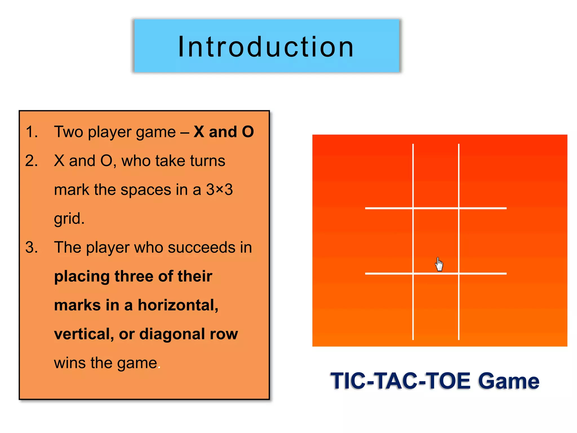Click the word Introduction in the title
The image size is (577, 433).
(266, 47)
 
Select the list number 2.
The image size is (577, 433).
(32, 161)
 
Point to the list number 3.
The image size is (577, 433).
(32, 248)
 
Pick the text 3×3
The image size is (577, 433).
(219, 189)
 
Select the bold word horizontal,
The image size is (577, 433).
(178, 305)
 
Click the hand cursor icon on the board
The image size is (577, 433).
(439, 264)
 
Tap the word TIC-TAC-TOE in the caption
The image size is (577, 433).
(400, 381)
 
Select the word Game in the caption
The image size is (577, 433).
(509, 381)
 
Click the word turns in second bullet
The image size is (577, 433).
(207, 161)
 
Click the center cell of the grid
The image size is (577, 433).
(436, 241)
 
